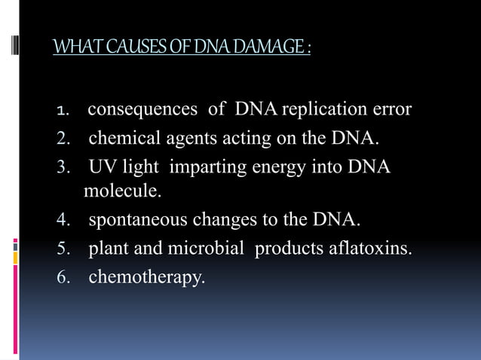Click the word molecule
tap(122, 191)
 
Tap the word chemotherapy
tap(146, 277)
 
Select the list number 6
tap(63, 277)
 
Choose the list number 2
tap(63, 139)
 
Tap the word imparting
tap(201, 166)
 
